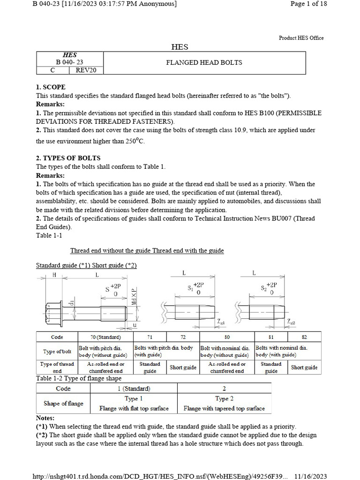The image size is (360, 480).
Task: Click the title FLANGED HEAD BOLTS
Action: (x=204, y=63)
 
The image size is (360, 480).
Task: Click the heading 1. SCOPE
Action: (x=51, y=87)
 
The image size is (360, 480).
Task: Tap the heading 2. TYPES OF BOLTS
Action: (x=68, y=158)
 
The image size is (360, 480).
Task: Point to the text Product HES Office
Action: (x=301, y=38)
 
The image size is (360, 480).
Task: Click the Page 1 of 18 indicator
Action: (x=308, y=4)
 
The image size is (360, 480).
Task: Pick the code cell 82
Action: (x=304, y=337)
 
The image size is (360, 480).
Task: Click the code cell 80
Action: (x=227, y=337)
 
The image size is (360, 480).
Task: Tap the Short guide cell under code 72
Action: (x=183, y=367)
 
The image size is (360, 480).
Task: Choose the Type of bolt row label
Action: (x=57, y=352)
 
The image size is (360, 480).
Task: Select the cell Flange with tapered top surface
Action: (x=224, y=408)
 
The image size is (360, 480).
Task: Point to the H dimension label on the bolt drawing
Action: (x=54, y=275)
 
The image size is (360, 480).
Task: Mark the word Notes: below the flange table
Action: (x=45, y=418)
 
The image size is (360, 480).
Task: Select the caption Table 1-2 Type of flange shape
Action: (x=79, y=378)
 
